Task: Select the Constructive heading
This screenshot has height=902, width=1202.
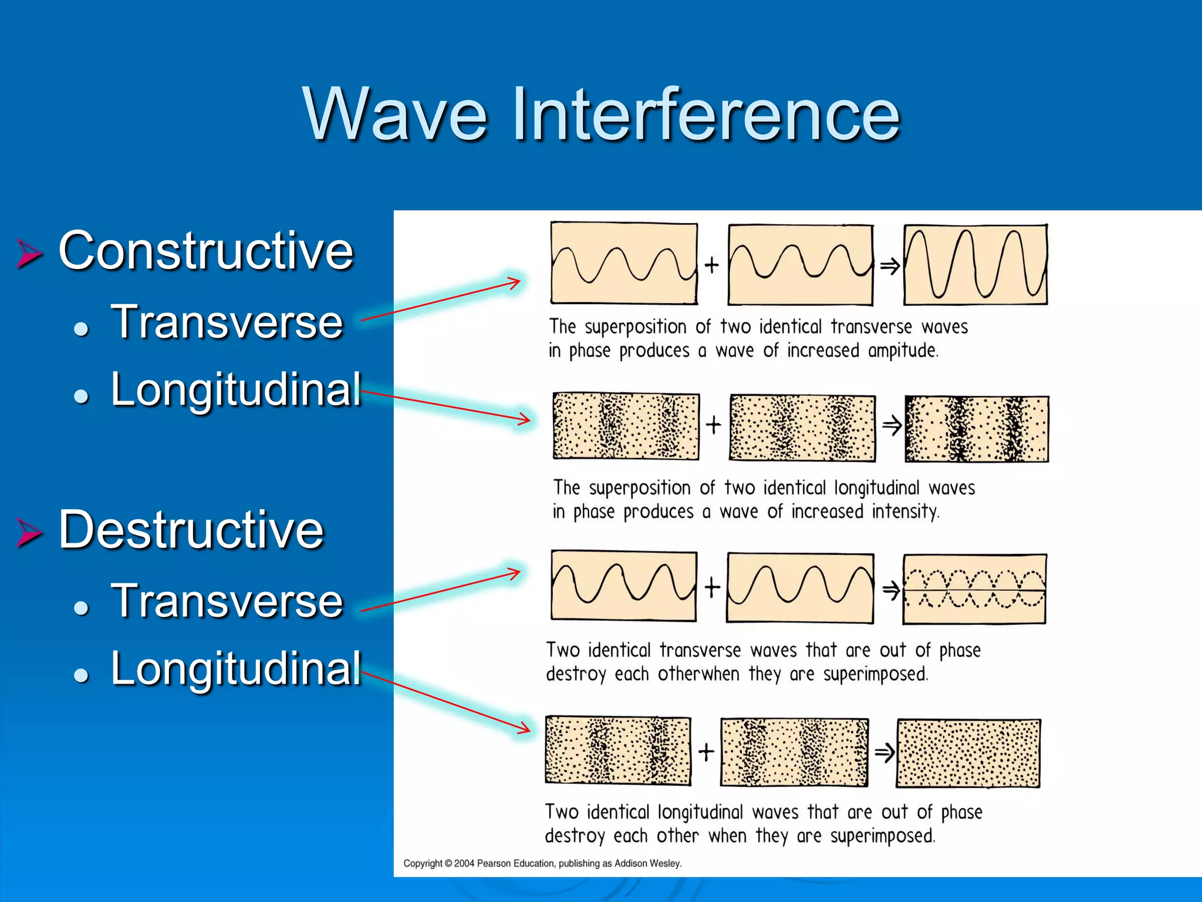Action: (x=206, y=251)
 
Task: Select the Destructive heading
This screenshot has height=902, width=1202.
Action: (x=191, y=530)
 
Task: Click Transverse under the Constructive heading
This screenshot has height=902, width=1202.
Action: (x=227, y=322)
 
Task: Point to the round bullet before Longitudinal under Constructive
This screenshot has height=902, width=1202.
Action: (x=82, y=396)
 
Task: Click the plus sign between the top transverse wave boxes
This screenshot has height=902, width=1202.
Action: (x=712, y=265)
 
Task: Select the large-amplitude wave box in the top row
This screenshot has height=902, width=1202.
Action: (x=975, y=264)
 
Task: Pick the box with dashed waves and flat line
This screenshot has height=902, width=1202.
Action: (x=974, y=589)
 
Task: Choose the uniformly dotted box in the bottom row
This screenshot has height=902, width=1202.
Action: (x=968, y=753)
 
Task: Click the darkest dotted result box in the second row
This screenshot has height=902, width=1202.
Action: (x=977, y=429)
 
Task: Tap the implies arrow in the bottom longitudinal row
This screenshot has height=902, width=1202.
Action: (x=884, y=752)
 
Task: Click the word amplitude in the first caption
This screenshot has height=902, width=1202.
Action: (x=903, y=351)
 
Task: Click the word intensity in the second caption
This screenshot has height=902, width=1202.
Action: (x=905, y=511)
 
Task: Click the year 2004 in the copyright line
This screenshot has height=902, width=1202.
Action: (x=464, y=863)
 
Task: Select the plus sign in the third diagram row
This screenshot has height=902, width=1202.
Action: (x=712, y=587)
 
